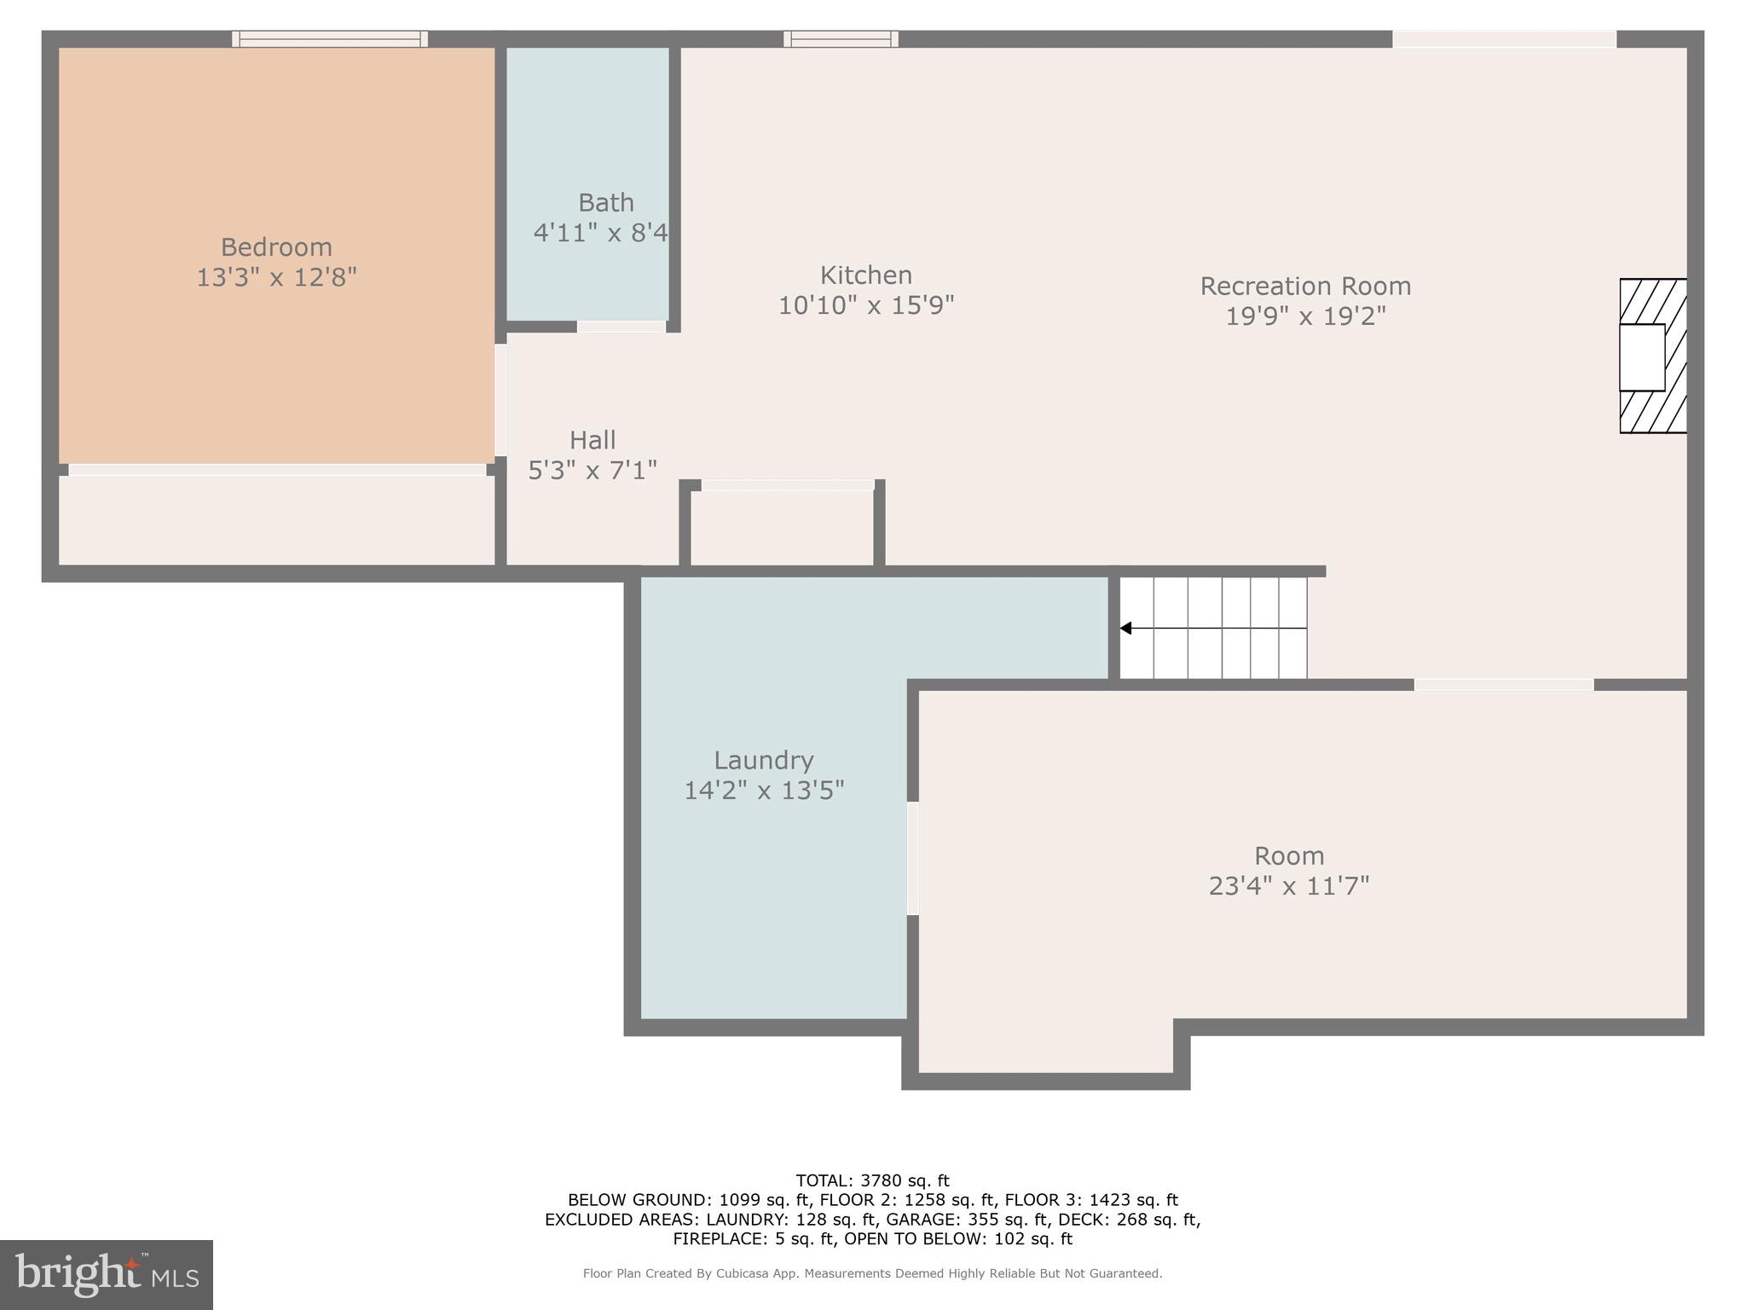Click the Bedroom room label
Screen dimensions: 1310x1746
pos(276,247)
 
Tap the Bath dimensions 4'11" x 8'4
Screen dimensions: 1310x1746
pos(600,232)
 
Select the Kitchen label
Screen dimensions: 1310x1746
pos(866,275)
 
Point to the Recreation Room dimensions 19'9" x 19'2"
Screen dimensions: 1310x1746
pos(1305,316)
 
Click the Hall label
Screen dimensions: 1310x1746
pos(593,440)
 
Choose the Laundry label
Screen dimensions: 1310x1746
pos(763,760)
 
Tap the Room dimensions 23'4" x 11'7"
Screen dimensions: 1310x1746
pos(1288,886)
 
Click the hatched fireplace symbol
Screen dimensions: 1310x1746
pos(1653,356)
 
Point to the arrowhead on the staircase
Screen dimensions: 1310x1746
pos(1125,629)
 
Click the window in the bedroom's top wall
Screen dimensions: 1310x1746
pos(330,38)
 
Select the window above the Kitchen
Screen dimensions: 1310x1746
pos(841,38)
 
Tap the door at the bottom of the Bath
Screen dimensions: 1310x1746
pos(621,327)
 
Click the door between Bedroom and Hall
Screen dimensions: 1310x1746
pos(500,400)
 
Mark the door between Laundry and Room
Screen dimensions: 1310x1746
pos(912,858)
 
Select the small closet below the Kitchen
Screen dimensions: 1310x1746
pos(781,527)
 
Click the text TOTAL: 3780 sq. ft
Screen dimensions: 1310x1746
pos(872,1181)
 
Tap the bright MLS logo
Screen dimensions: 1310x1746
pos(107,1275)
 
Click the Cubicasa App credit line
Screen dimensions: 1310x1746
pos(872,1273)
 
